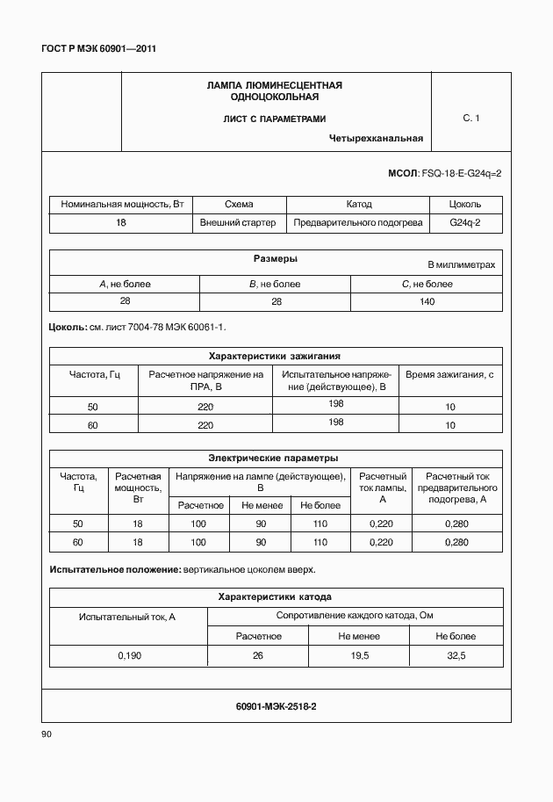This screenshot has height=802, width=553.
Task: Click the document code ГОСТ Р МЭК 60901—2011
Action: (98, 48)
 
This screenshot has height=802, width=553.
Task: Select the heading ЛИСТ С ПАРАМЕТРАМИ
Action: (274, 118)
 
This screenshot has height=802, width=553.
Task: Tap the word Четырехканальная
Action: (377, 138)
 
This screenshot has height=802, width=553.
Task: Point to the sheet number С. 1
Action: (471, 118)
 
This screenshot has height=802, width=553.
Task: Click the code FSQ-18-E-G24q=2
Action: (462, 173)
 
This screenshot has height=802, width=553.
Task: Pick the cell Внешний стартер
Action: (238, 223)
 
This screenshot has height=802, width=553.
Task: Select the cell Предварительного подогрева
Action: (358, 223)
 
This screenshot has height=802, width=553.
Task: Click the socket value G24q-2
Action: (464, 223)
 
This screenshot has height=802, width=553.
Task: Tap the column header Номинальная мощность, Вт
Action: (121, 204)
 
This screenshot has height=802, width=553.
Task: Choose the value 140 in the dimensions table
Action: (427, 301)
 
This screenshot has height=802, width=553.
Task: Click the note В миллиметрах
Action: (461, 264)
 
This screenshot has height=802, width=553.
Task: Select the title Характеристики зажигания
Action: (274, 356)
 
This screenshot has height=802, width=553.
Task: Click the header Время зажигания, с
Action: (450, 374)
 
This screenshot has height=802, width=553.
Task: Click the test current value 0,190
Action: (128, 655)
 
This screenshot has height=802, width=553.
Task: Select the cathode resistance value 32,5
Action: (456, 655)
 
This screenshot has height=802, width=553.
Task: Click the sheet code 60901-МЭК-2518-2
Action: (276, 705)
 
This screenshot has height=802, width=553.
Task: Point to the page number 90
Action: (47, 734)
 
